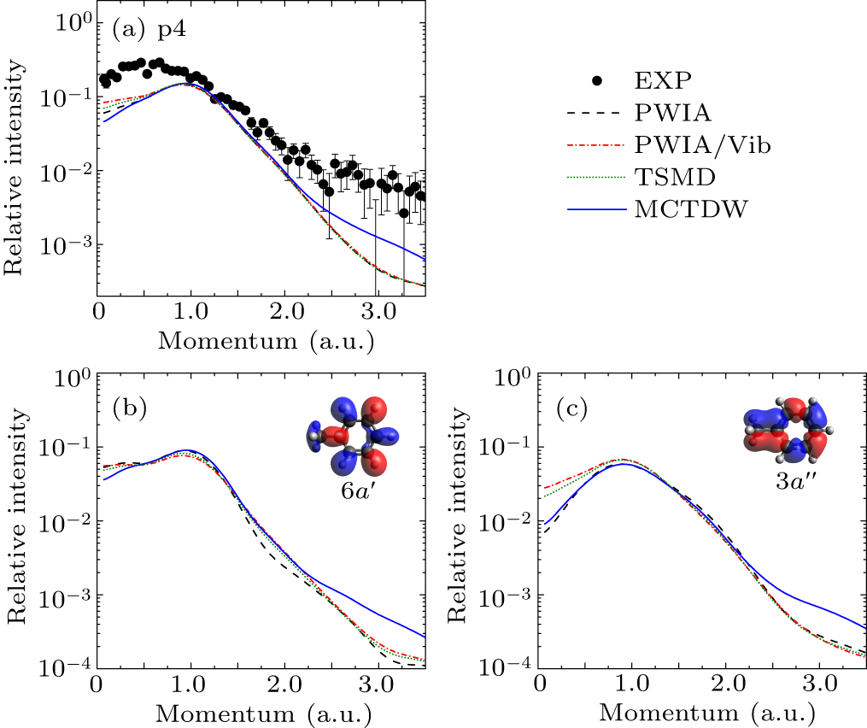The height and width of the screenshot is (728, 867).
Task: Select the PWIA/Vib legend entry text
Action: (x=703, y=146)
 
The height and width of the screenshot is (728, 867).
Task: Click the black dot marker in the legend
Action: (x=598, y=80)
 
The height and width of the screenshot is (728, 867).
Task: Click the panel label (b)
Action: (x=130, y=408)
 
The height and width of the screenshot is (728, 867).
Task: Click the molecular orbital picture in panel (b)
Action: (x=352, y=438)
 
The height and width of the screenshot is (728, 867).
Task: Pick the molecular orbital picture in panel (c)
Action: (x=788, y=429)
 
